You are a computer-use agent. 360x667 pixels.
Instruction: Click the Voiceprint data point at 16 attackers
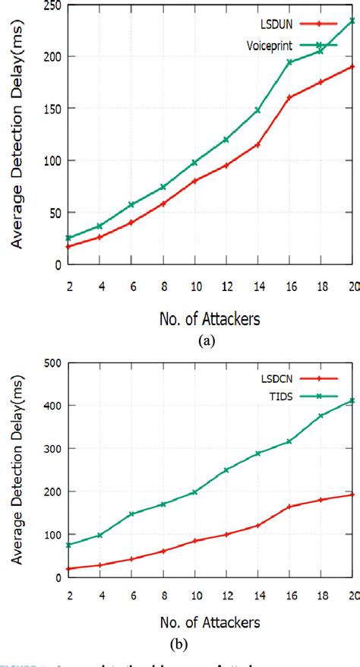pos(289,62)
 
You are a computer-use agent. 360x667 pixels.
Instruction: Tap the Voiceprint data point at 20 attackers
pos(352,21)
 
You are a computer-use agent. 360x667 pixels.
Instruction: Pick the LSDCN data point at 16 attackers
pos(289,507)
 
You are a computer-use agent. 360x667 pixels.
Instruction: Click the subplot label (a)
pos(205,341)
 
